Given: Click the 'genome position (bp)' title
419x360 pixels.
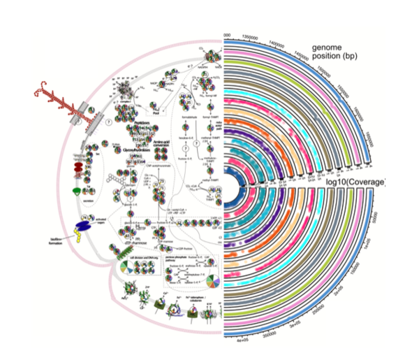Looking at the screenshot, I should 336,52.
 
